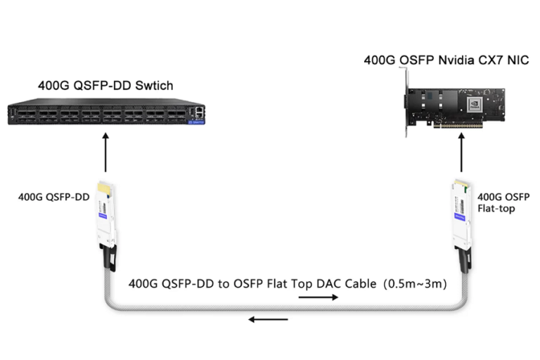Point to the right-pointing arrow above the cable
[x=318, y=297]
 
